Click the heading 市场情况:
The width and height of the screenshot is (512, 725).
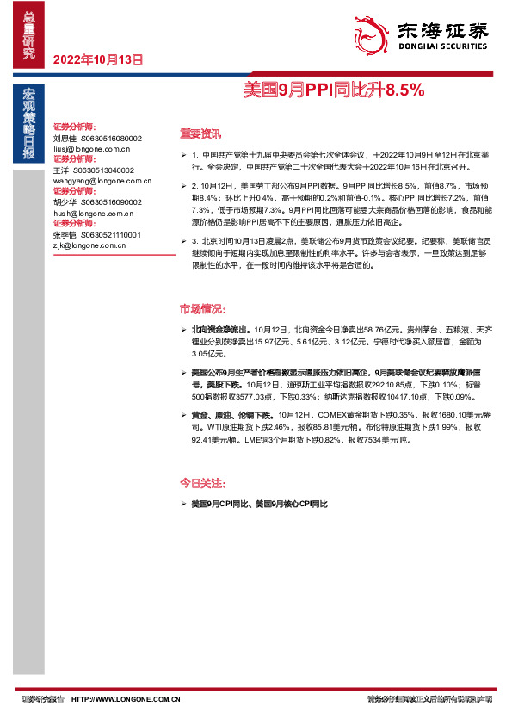coord(202,308)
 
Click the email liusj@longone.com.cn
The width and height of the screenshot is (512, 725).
coord(89,148)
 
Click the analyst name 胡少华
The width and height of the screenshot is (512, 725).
coord(65,202)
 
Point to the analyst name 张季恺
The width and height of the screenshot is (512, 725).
coord(65,234)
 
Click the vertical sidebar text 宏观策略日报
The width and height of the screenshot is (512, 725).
coord(28,125)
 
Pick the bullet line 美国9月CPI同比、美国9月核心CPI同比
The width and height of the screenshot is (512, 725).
coord(260,502)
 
